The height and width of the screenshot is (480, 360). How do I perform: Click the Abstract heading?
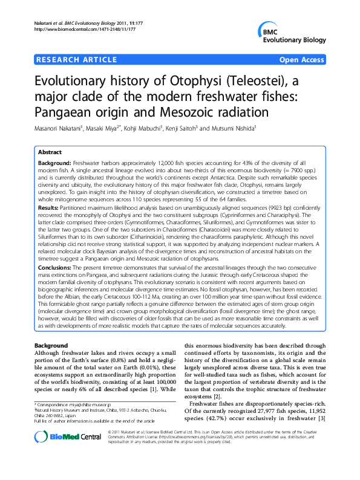[50, 153]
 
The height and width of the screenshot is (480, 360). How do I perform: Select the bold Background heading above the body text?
[51, 345]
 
